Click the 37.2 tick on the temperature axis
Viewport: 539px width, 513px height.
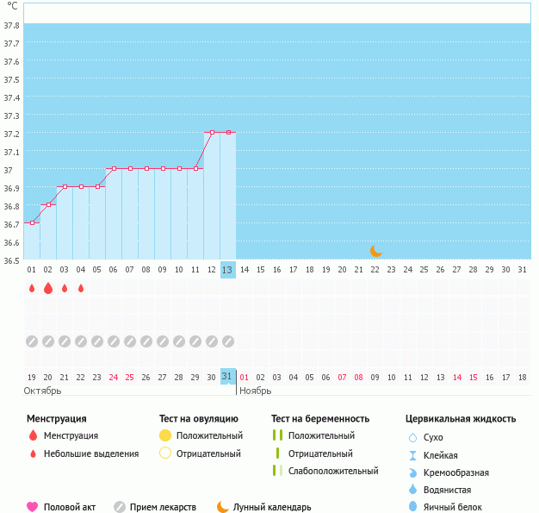pos(11,134)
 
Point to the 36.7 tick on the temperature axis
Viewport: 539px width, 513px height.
pos(11,223)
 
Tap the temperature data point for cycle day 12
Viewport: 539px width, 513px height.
pos(212,133)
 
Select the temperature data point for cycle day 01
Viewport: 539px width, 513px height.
pos(32,222)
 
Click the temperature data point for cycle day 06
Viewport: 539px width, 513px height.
pos(114,169)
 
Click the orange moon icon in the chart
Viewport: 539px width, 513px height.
pos(375,251)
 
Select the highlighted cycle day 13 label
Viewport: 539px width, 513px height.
pos(227,270)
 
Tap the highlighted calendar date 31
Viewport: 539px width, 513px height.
pos(227,377)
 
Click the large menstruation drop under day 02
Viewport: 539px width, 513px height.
pos(48,288)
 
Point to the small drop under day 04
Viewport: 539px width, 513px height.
pos(81,288)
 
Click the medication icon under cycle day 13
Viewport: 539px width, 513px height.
pos(227,341)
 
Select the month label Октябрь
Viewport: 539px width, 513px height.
pos(44,391)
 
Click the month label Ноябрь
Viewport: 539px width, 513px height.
pos(255,391)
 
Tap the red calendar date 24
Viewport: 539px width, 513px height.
pos(114,377)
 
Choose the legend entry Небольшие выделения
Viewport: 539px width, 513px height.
pos(91,454)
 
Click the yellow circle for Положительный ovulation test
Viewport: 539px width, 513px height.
pos(165,435)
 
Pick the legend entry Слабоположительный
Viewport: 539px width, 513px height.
pos(333,471)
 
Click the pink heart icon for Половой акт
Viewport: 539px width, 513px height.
pos(33,507)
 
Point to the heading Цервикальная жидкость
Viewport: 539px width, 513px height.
pos(461,419)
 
